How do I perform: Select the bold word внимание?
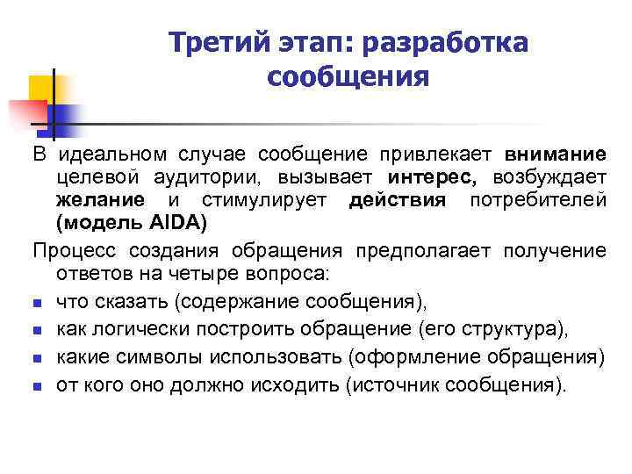click(x=556, y=154)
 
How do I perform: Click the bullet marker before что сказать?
click(x=39, y=304)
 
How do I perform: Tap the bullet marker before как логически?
click(x=39, y=331)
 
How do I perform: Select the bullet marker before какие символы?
click(x=39, y=358)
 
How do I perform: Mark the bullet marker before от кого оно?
click(x=39, y=385)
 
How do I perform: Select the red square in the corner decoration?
click(x=26, y=112)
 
